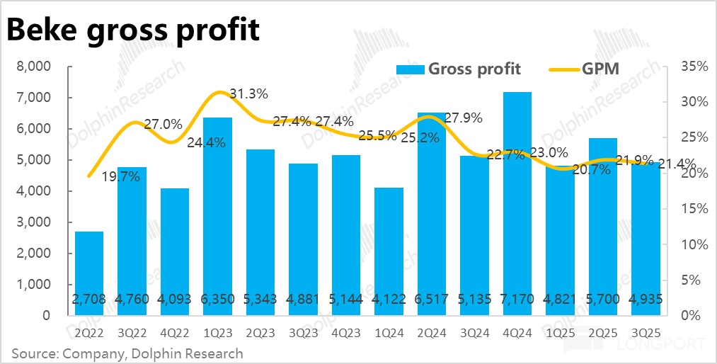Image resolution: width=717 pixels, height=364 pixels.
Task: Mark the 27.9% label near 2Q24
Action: pyautogui.click(x=464, y=118)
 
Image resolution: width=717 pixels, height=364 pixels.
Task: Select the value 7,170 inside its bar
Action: pyautogui.click(x=516, y=300)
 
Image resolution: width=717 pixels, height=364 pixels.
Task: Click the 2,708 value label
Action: pyautogui.click(x=89, y=300)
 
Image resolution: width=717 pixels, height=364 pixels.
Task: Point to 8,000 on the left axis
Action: pyautogui.click(x=35, y=67)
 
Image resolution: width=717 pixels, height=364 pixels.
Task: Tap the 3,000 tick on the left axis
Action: pyautogui.click(x=35, y=222)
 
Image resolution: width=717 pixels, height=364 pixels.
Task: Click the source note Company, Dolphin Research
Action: pyautogui.click(x=127, y=353)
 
